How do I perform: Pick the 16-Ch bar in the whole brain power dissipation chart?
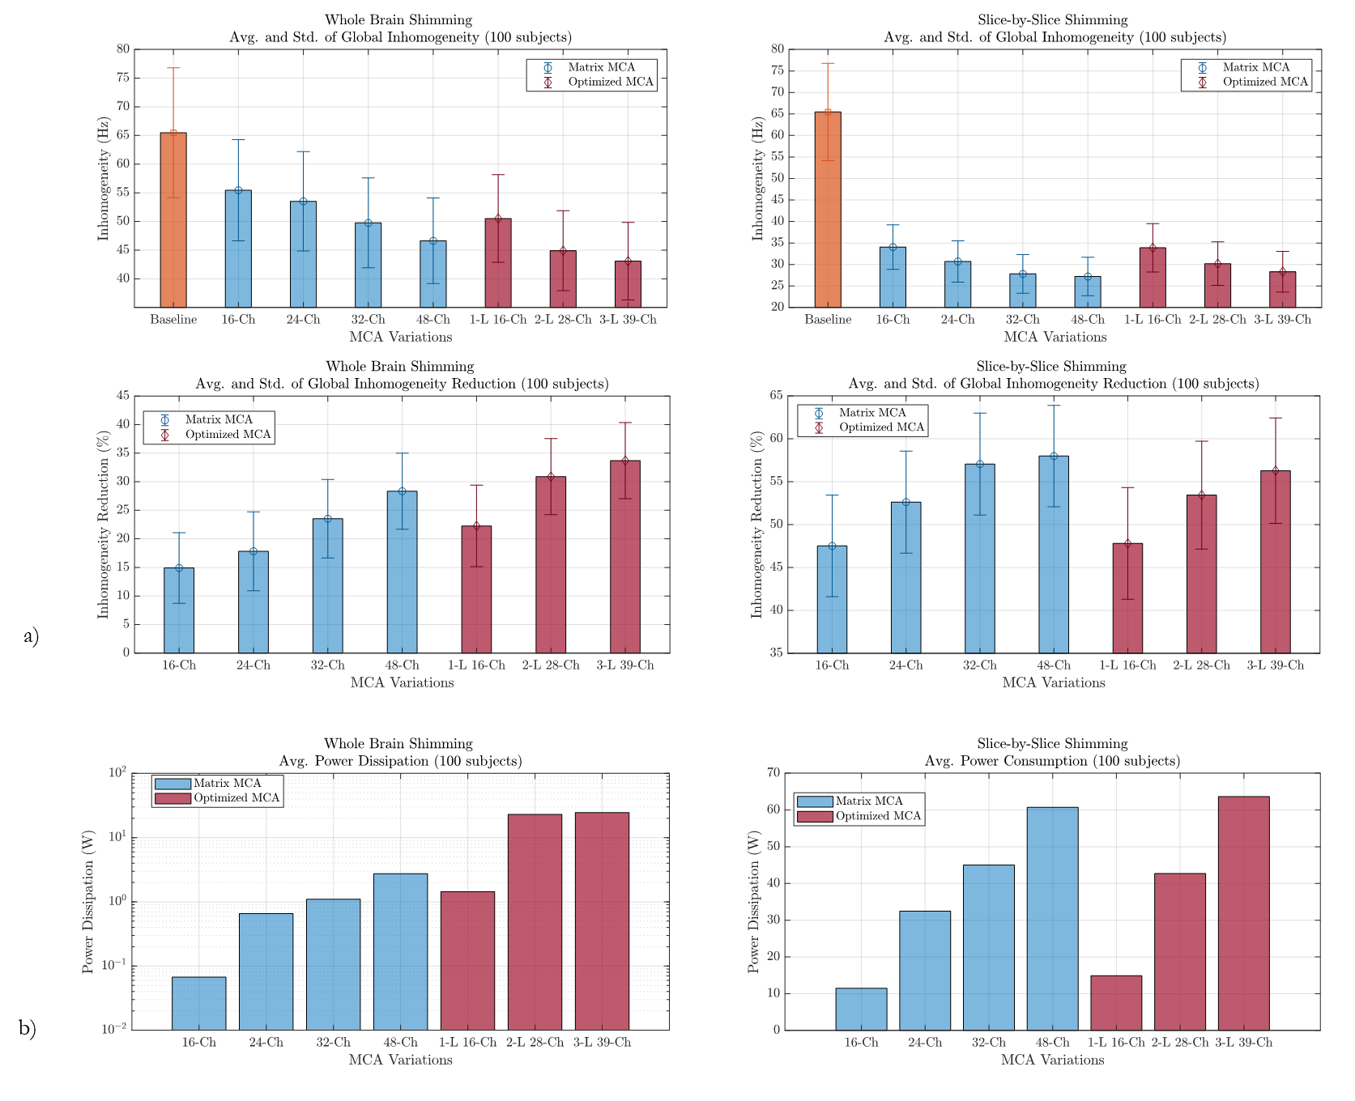click(x=199, y=1004)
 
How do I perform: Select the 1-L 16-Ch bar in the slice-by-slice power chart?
click(x=1116, y=1003)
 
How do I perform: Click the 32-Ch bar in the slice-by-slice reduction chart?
click(x=980, y=559)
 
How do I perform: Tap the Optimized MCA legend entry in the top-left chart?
click(x=610, y=82)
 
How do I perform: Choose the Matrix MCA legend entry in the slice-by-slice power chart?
click(x=868, y=801)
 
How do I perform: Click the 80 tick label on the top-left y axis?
click(x=122, y=49)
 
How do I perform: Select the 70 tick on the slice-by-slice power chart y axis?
click(x=773, y=773)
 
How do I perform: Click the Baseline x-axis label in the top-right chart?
click(x=828, y=320)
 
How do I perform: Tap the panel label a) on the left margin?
click(x=31, y=636)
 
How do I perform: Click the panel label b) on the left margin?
click(x=28, y=1028)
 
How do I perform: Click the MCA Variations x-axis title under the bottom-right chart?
click(x=1052, y=1060)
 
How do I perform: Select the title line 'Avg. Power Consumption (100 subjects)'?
click(x=1052, y=761)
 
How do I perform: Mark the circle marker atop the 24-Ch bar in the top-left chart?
click(x=304, y=202)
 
